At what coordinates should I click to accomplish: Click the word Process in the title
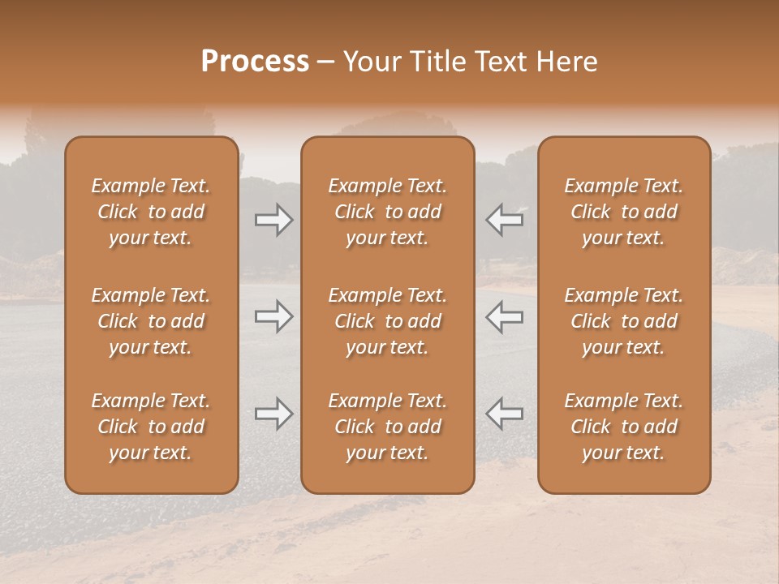click(255, 62)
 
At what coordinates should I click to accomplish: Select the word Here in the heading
click(566, 62)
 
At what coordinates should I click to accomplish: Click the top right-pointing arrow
click(273, 220)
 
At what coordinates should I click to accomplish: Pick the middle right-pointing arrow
click(273, 316)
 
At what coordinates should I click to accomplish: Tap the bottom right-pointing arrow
click(273, 414)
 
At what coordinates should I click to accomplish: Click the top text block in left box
click(151, 212)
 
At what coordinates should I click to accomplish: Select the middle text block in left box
click(151, 321)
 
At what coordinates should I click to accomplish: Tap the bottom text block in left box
click(151, 427)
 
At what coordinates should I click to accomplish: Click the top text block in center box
click(388, 212)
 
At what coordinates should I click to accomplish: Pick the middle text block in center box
click(388, 321)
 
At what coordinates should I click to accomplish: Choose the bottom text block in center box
click(388, 427)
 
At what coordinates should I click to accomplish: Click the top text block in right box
click(624, 212)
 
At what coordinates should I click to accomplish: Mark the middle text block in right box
click(624, 321)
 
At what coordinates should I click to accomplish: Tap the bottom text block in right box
click(624, 427)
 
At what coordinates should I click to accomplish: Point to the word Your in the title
click(370, 62)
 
